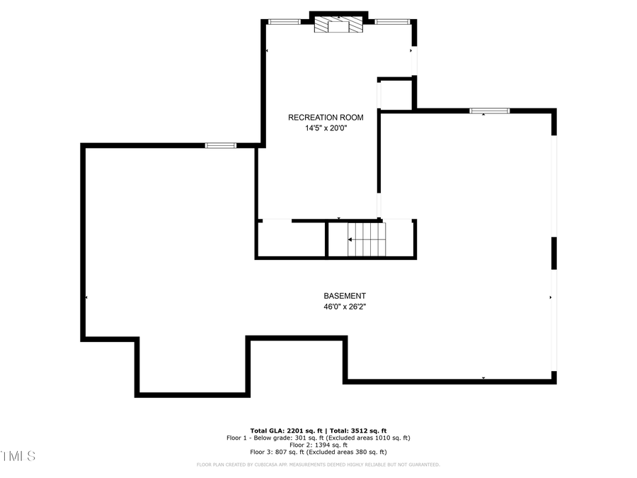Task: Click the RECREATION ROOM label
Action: pos(326,118)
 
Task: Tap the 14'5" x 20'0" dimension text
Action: pos(326,128)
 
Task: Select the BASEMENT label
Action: pos(345,296)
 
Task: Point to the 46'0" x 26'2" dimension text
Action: pos(345,307)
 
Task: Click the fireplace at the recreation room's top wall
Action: pos(338,25)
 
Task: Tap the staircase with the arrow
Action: pos(367,239)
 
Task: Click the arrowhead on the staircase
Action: pos(350,239)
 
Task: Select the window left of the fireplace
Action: pos(284,22)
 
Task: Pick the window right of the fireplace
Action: pos(392,22)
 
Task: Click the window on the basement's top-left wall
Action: pos(220,146)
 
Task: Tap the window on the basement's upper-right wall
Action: pos(490,110)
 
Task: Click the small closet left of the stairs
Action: pos(290,239)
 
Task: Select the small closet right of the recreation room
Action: pos(396,94)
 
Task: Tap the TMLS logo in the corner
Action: pos(18,455)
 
